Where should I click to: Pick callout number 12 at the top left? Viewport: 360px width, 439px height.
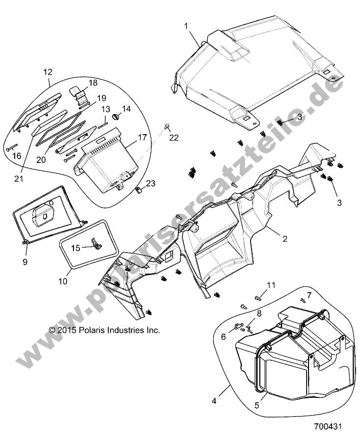48,72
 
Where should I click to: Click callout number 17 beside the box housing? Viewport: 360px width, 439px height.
143,138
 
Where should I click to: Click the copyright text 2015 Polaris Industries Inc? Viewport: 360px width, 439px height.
104,330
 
